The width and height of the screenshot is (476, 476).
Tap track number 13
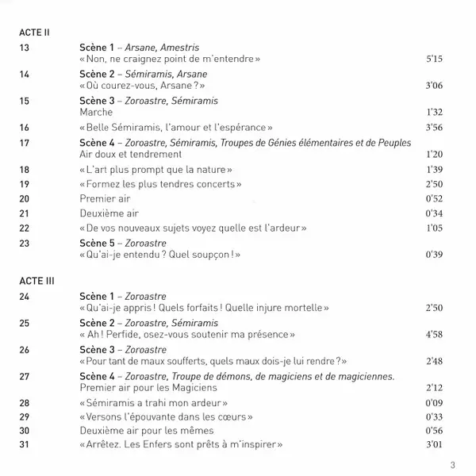(23, 48)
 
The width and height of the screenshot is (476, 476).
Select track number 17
(23, 142)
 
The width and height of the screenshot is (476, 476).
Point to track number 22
(23, 228)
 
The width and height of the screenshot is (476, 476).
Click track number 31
(23, 443)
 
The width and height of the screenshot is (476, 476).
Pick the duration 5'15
(433, 59)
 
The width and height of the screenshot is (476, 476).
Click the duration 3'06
(433, 86)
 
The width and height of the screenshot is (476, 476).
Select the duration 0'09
(433, 403)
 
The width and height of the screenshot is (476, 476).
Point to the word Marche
(98, 113)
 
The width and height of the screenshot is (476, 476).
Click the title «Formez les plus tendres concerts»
(161, 185)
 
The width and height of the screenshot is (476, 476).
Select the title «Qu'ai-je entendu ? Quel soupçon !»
(160, 255)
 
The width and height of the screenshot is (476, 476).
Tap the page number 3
(453, 465)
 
